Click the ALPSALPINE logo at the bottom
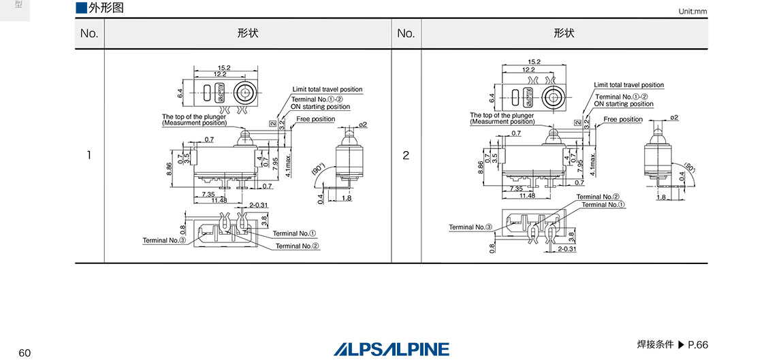coord(391,349)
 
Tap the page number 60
coord(25,353)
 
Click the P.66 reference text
coord(698,345)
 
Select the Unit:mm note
coord(693,12)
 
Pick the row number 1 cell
coord(89,155)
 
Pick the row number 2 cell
coord(406,155)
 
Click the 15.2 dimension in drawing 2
coord(534,62)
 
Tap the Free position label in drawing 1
coord(315,119)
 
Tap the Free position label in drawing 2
coord(622,119)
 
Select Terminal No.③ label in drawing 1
coord(164,240)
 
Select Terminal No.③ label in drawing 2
coord(470,227)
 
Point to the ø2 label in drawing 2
coord(673,118)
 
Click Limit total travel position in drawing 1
coord(327,89)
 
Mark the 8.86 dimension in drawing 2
coord(481,168)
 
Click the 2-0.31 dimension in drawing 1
coord(259,205)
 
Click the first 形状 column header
coord(248,33)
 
